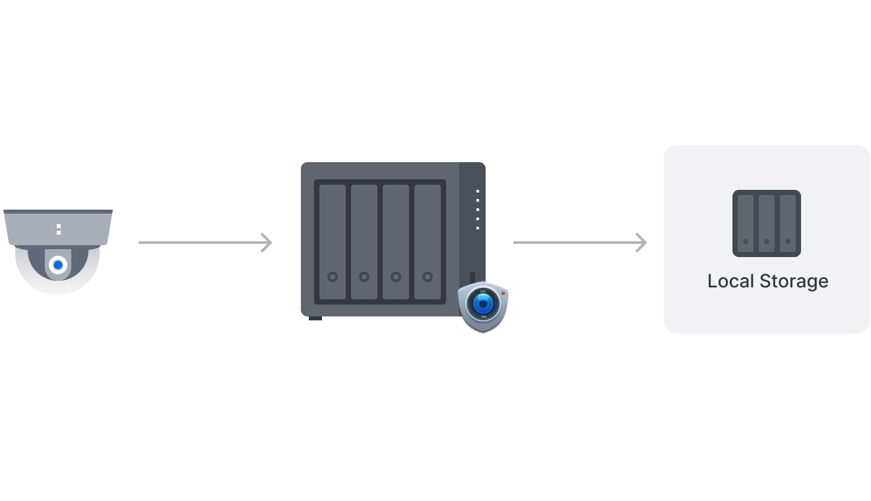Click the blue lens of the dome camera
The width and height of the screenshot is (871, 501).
coord(58,265)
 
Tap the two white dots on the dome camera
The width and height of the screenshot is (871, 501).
coord(59,229)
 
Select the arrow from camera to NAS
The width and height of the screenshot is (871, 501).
coord(205,243)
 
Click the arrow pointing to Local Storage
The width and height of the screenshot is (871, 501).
coord(579,243)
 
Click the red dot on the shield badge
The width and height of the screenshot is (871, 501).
coord(503,292)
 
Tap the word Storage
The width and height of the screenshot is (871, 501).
coord(794,281)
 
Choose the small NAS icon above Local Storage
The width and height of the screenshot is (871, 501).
coord(767,223)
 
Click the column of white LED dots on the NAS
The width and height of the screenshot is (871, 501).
coord(478,210)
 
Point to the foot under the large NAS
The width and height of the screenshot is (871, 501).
coord(315,318)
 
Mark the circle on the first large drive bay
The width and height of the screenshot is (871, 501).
coord(333,277)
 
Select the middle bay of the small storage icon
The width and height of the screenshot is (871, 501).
coord(767,223)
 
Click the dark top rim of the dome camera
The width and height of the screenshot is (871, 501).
coord(58,212)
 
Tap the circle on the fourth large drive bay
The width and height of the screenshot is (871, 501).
coord(428,277)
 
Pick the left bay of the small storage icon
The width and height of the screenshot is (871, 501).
coord(746,223)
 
